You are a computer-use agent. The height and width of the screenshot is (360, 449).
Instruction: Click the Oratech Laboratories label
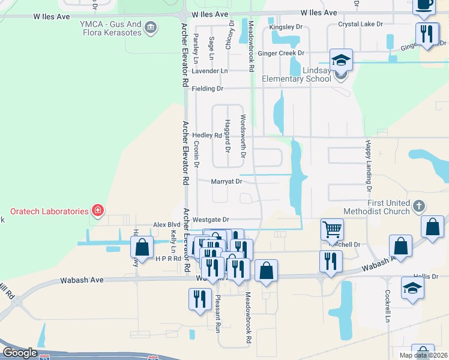pyautogui.click(x=49, y=211)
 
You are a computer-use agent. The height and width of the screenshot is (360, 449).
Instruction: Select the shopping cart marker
pyautogui.click(x=332, y=230)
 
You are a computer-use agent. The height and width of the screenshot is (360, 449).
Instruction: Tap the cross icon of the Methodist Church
pyautogui.click(x=419, y=206)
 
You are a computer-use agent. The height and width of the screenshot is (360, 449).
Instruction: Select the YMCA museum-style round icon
pyautogui.click(x=151, y=28)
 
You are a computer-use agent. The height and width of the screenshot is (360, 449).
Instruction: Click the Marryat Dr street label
pyautogui.click(x=226, y=181)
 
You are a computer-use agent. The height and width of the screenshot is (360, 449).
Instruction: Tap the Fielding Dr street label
pyautogui.click(x=207, y=89)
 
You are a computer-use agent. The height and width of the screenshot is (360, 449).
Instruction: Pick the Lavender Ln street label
pyautogui.click(x=210, y=71)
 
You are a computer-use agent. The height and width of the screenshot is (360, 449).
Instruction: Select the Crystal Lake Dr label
pyautogui.click(x=360, y=24)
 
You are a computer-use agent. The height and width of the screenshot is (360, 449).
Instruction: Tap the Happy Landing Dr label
pyautogui.click(x=368, y=164)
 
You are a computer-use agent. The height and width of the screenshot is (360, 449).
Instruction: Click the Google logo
pyautogui.click(x=20, y=353)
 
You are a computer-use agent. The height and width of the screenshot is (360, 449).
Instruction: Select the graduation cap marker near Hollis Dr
pyautogui.click(x=412, y=289)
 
